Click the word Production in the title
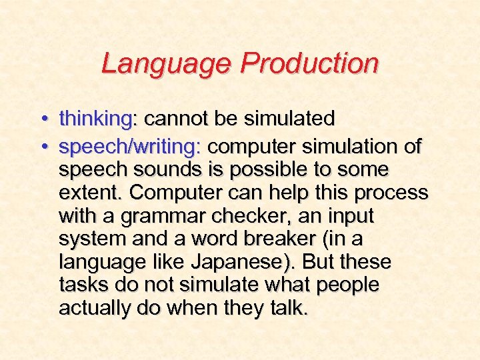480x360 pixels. pyautogui.click(x=310, y=64)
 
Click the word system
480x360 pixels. pyautogui.click(x=92, y=239)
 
